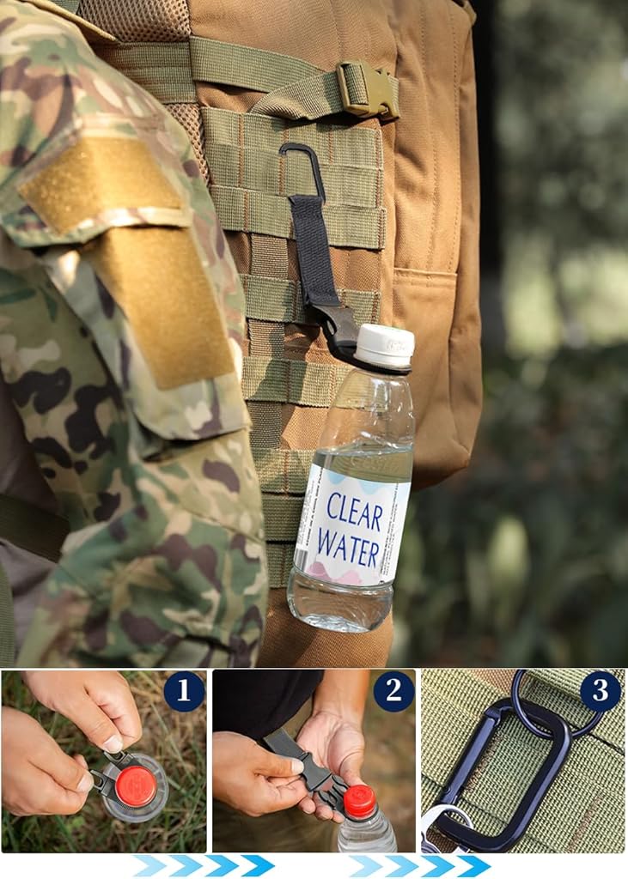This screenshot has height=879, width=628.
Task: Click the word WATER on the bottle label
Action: pyautogui.click(x=349, y=547)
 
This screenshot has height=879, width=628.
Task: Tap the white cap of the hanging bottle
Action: pyautogui.click(x=386, y=345)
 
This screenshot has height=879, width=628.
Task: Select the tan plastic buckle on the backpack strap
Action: pyautogui.click(x=368, y=89)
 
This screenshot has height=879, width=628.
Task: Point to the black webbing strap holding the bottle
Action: pyautogui.click(x=314, y=252)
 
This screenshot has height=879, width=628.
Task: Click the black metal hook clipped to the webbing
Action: pyautogui.click(x=303, y=168)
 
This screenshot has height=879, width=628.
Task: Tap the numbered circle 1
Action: pyautogui.click(x=184, y=691)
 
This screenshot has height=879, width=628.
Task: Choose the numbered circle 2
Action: pyautogui.click(x=394, y=691)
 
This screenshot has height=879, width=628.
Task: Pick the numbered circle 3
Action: pyautogui.click(x=601, y=691)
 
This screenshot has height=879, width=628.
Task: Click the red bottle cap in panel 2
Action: pyautogui.click(x=359, y=802)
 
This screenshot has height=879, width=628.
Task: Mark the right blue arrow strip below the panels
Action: pyautogui.click(x=419, y=865)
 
